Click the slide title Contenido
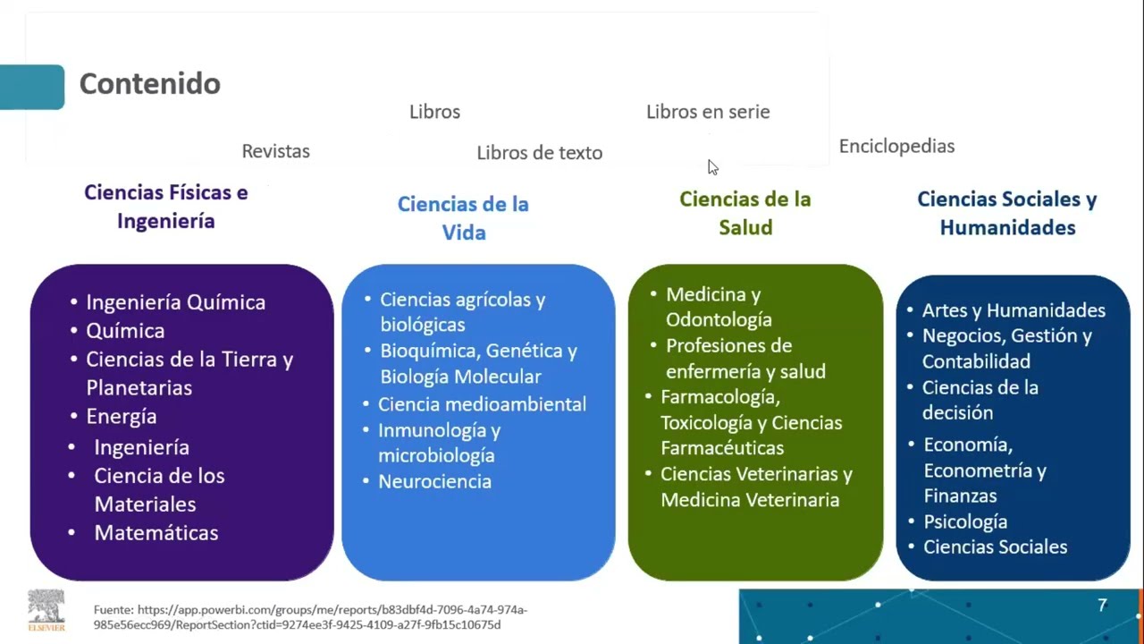pos(149,84)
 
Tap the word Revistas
pos(275,151)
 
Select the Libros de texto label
pos(539,153)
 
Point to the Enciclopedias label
pos(896,146)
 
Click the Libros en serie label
pos(708,112)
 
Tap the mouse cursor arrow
pos(712,167)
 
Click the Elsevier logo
pos(46,610)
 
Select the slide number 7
pos(1102,606)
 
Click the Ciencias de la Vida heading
pos(463,218)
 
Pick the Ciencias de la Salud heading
pos(745,213)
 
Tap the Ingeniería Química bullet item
pos(175,302)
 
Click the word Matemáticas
pos(156,533)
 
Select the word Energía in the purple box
pos(122,417)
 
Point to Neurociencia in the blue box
pos(434,481)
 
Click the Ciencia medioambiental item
pos(482,404)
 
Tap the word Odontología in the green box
pos(719,319)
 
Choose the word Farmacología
pos(720,396)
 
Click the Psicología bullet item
pos(965,521)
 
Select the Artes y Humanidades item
pos(1014,310)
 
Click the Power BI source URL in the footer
pos(310,617)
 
